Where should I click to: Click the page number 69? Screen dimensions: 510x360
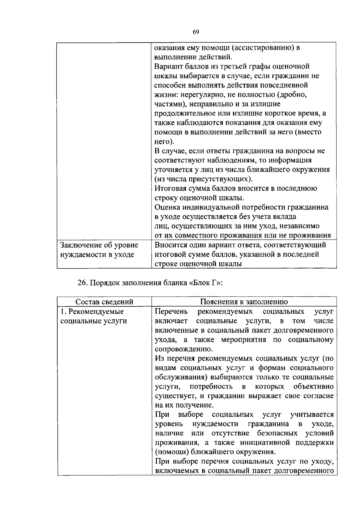pyautogui.click(x=196, y=32)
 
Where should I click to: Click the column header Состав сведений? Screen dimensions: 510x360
pyautogui.click(x=104, y=302)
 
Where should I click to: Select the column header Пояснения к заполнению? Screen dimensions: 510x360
pyautogui.click(x=244, y=302)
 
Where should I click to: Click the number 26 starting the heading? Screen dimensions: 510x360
pyautogui.click(x=82, y=283)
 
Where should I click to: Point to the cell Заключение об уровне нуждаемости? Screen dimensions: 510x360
pyautogui.click(x=99, y=250)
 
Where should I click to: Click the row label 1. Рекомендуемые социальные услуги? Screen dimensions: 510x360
pyautogui.click(x=94, y=316)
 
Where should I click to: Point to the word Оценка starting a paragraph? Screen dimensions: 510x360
pyautogui.click(x=167, y=207)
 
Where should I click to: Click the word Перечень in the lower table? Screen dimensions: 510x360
pyautogui.click(x=172, y=311)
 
